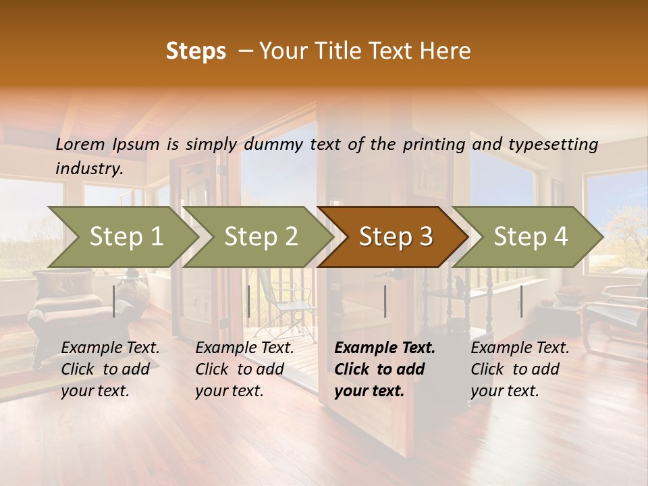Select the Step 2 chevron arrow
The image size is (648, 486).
click(x=261, y=236)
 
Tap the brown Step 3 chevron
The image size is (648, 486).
click(x=396, y=236)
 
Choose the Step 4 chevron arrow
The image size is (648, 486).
click(x=531, y=236)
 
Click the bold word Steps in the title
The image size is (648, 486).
click(x=196, y=51)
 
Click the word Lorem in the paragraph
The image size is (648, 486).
click(x=80, y=144)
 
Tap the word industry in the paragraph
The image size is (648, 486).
click(x=88, y=168)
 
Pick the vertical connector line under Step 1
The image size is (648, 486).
click(x=114, y=301)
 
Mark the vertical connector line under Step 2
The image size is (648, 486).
click(x=249, y=301)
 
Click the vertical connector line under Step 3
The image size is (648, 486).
click(x=385, y=301)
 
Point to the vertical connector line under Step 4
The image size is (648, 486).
click(x=521, y=301)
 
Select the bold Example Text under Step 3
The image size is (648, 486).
click(x=385, y=348)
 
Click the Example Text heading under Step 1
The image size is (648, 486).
click(x=110, y=348)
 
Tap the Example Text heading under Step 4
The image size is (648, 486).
click(x=520, y=348)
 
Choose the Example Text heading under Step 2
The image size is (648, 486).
click(x=244, y=348)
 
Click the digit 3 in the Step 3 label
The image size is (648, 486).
click(x=425, y=236)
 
